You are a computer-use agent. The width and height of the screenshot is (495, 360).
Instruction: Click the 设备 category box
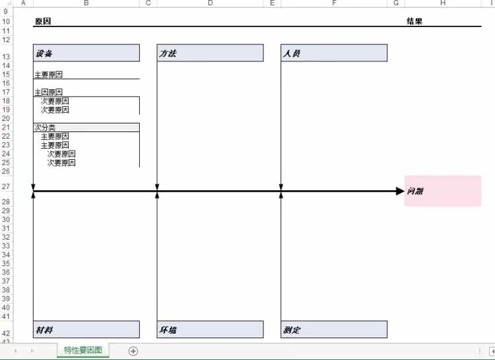click(x=86, y=53)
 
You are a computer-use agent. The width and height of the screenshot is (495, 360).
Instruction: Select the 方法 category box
click(x=210, y=53)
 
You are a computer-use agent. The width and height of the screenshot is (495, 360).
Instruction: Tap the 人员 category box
click(x=334, y=53)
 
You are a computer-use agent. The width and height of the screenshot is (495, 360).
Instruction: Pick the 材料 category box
click(x=86, y=329)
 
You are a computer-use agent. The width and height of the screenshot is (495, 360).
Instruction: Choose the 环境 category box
click(x=210, y=329)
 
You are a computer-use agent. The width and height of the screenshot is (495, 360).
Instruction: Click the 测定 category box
click(x=334, y=329)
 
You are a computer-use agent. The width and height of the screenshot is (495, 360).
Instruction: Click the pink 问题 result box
click(x=442, y=191)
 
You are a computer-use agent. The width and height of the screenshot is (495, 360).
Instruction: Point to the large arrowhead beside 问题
click(x=399, y=191)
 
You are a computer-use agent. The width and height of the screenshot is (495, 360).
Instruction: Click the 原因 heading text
click(x=42, y=21)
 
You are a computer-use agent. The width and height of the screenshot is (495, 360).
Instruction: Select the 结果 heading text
click(x=414, y=21)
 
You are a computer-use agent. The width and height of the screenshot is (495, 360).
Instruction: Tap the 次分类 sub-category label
click(x=45, y=127)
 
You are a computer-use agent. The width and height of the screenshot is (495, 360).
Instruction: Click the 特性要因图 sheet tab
click(x=83, y=350)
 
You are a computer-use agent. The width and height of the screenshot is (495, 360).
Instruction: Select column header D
click(x=210, y=3)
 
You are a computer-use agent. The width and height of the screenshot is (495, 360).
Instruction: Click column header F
click(x=334, y=3)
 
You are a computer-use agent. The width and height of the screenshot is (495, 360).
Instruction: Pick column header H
click(x=442, y=3)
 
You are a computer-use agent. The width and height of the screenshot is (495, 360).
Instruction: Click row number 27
click(x=7, y=186)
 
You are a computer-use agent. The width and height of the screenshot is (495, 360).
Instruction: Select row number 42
click(x=7, y=333)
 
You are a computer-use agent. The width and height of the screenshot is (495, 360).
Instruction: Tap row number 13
click(x=7, y=57)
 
